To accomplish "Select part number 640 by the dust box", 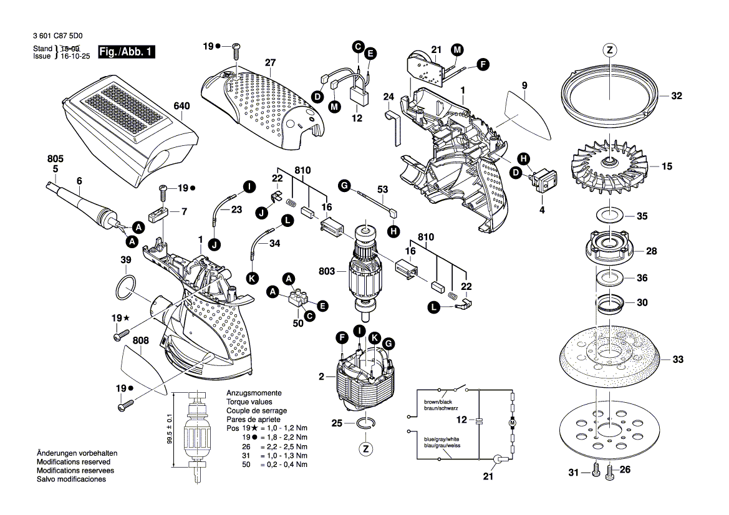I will (181, 106).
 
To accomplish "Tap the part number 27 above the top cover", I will (269, 62).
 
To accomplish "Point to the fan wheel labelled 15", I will (609, 165).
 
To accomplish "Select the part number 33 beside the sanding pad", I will (678, 360).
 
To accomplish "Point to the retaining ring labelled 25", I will (366, 424).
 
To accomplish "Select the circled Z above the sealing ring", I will (609, 50).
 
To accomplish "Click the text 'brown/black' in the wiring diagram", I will (439, 402).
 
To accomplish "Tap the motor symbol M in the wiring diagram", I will (513, 423).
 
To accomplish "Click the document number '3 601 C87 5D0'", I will (58, 37).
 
